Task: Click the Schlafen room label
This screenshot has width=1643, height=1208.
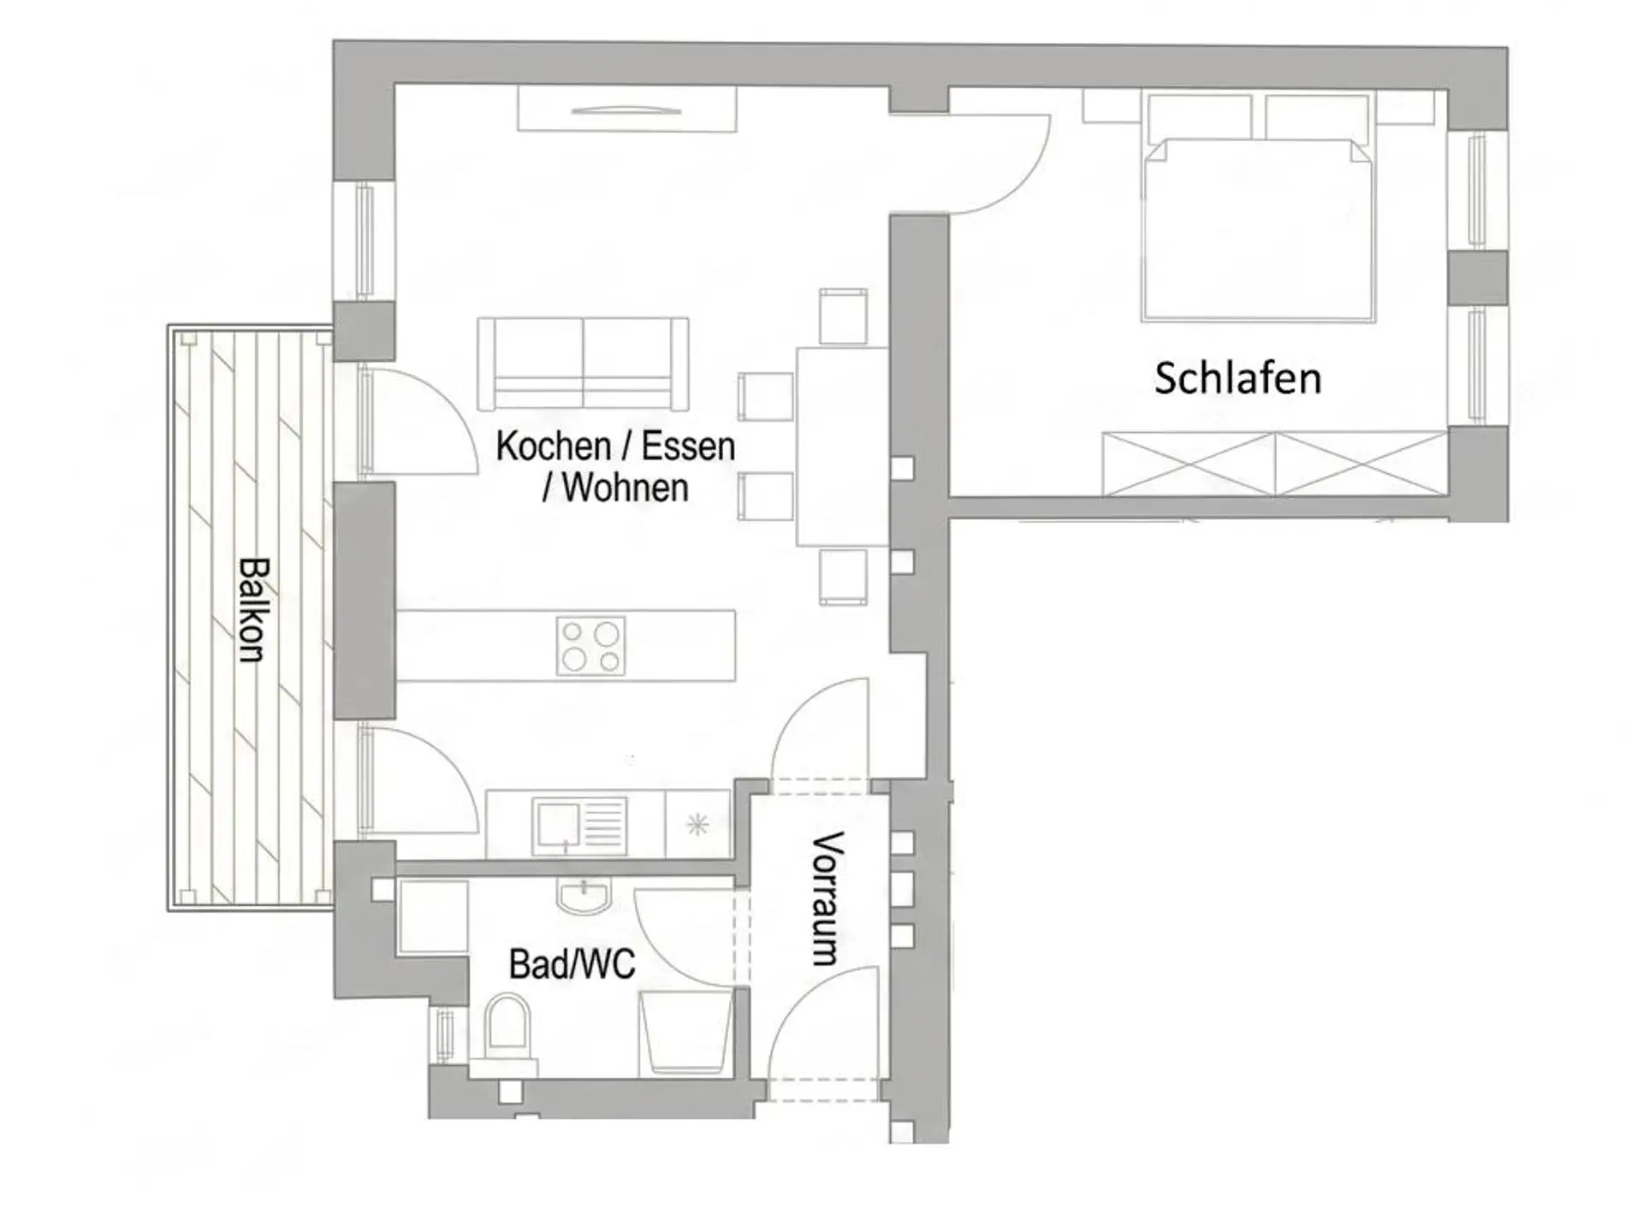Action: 1237,378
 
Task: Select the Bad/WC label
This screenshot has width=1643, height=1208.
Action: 572,964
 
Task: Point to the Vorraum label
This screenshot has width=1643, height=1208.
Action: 827,898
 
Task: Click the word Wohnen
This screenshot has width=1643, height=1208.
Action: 626,488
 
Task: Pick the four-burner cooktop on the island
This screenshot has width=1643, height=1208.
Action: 590,646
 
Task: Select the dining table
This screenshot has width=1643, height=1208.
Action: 842,446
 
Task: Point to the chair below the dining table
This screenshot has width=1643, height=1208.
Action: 844,577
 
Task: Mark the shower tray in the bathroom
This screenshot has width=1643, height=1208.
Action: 686,1032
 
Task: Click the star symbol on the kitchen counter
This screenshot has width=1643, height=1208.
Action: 698,825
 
